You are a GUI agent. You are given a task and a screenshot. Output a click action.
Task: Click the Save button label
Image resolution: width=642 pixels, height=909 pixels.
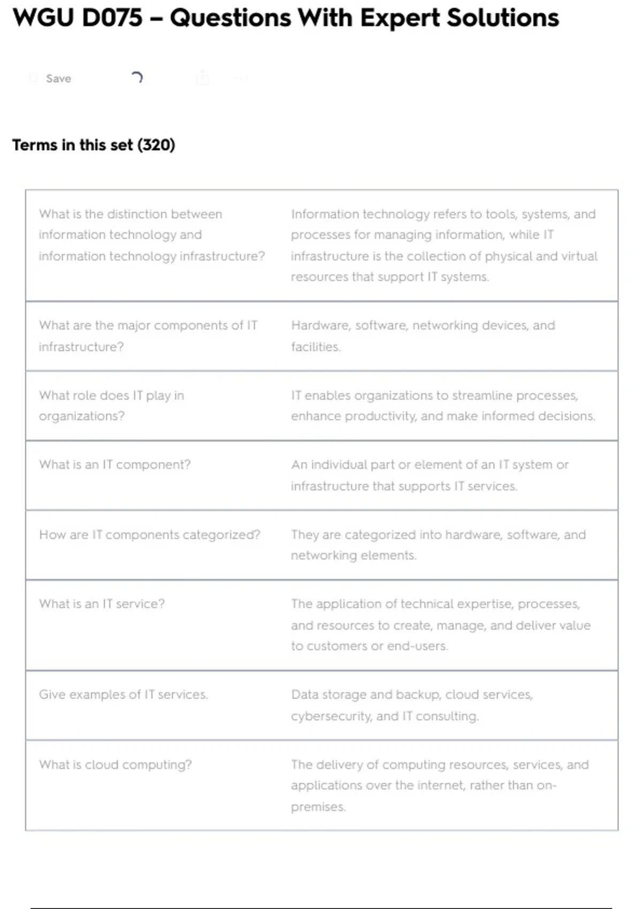58,79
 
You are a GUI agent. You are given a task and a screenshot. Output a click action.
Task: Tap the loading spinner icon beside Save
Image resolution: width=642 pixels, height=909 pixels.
137,78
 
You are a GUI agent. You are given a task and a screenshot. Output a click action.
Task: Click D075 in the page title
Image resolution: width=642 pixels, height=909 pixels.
113,18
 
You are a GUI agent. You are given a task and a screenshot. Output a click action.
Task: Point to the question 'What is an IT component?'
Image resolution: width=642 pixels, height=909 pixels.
114,465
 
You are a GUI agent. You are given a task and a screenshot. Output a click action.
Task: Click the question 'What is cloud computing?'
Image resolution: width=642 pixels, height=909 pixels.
115,765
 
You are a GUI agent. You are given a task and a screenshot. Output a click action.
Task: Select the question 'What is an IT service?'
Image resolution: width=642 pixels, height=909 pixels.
102,604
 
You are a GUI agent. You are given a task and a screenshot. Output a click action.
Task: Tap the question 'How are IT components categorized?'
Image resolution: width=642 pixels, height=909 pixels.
149,535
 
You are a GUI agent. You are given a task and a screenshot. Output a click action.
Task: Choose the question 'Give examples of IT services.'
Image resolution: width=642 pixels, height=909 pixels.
123,695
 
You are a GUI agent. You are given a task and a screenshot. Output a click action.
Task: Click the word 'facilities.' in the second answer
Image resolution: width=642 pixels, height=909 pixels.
316,347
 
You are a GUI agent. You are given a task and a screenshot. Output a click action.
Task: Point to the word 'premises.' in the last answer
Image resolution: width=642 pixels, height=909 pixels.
318,807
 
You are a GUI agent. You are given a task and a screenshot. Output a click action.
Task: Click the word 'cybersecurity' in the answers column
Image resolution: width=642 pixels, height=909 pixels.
331,716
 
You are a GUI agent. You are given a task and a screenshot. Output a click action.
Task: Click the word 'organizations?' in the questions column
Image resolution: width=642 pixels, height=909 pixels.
81,417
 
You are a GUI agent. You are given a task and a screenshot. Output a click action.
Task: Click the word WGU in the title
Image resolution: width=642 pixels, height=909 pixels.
43,18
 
